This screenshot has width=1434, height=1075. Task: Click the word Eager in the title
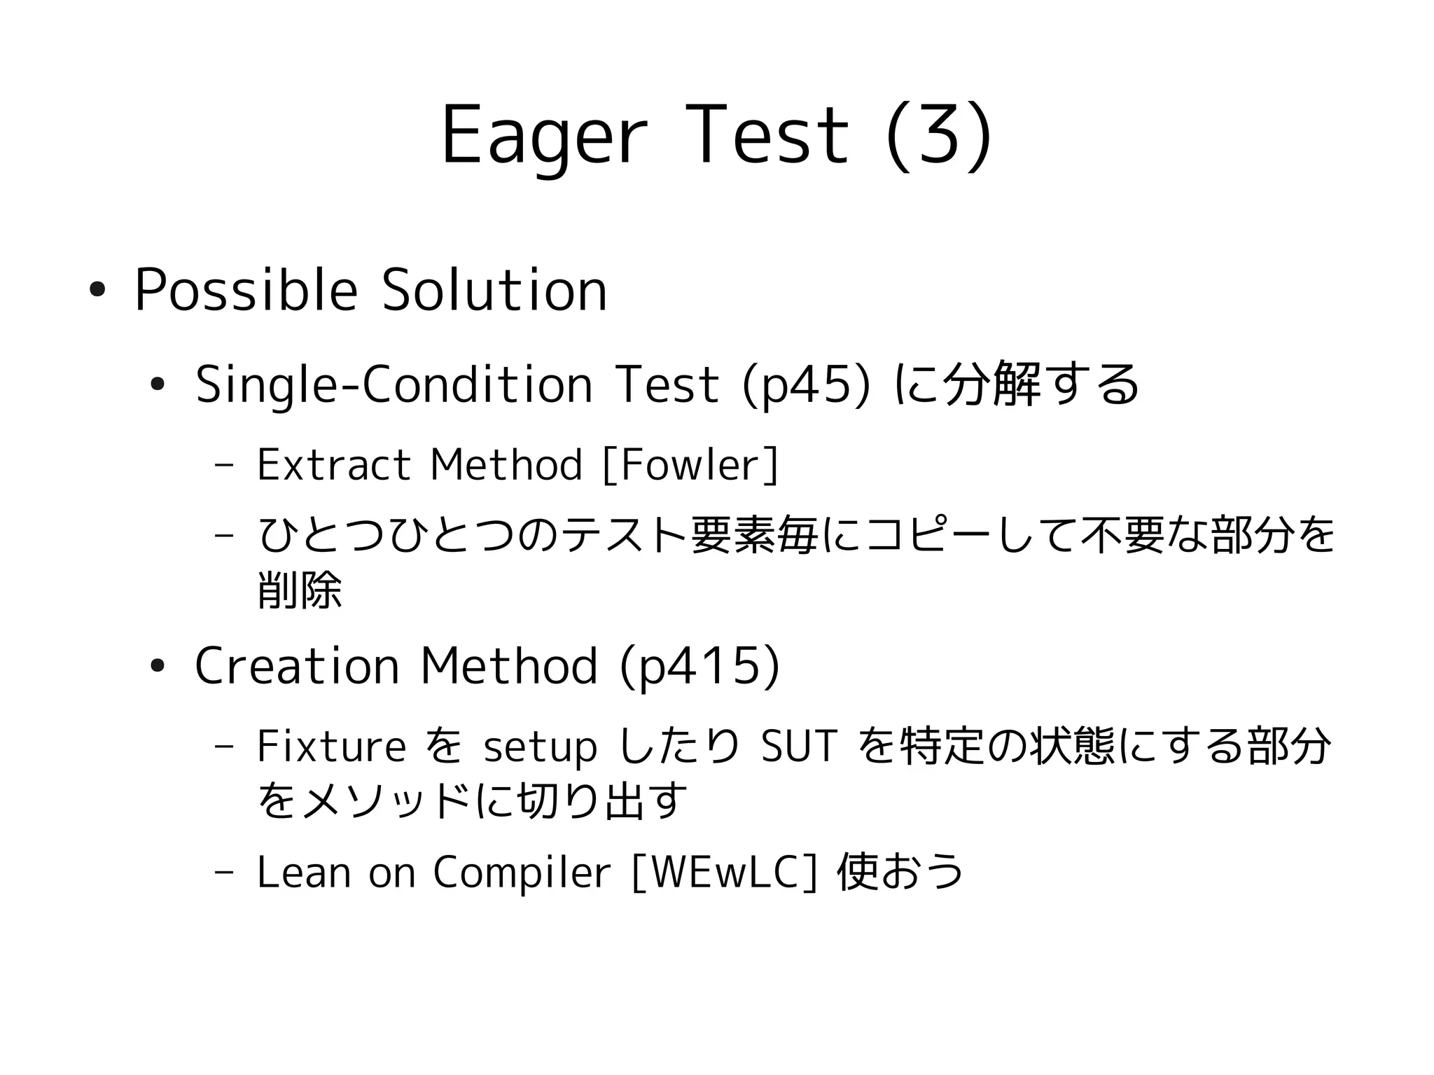(543, 137)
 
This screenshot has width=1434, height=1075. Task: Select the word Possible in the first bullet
(246, 290)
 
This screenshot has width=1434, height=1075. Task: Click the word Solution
(494, 290)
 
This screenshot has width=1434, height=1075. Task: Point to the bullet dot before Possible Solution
(97, 290)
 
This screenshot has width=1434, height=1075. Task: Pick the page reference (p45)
(805, 384)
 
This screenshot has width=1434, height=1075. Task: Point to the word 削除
(300, 590)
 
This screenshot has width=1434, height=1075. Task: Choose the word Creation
(296, 665)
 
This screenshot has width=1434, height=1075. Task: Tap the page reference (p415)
(699, 665)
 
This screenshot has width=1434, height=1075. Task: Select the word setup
(540, 747)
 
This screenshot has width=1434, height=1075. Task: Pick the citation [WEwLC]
(724, 873)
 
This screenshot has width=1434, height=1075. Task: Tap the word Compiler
(522, 873)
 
